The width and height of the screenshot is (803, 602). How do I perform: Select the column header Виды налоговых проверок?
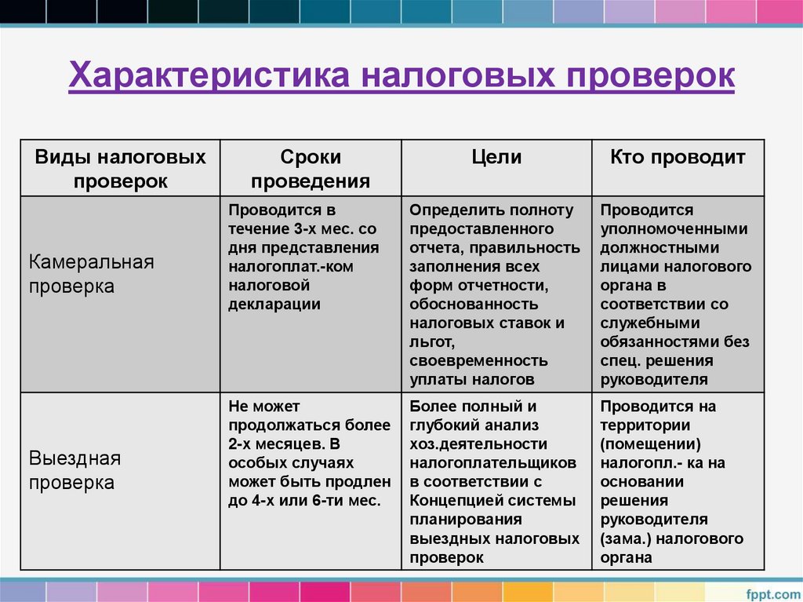(121, 169)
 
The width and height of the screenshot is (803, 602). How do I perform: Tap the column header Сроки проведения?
(311, 169)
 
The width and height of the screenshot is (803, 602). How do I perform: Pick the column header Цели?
(496, 157)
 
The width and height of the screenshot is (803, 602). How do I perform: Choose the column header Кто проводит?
(678, 157)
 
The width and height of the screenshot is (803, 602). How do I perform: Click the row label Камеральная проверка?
(92, 274)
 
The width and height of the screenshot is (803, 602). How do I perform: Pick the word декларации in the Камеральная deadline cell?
(274, 305)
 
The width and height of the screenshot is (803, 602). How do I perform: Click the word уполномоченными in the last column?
(674, 229)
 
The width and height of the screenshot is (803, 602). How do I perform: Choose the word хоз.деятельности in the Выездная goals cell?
(473, 444)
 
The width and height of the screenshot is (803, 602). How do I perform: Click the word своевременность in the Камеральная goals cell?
(478, 361)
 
